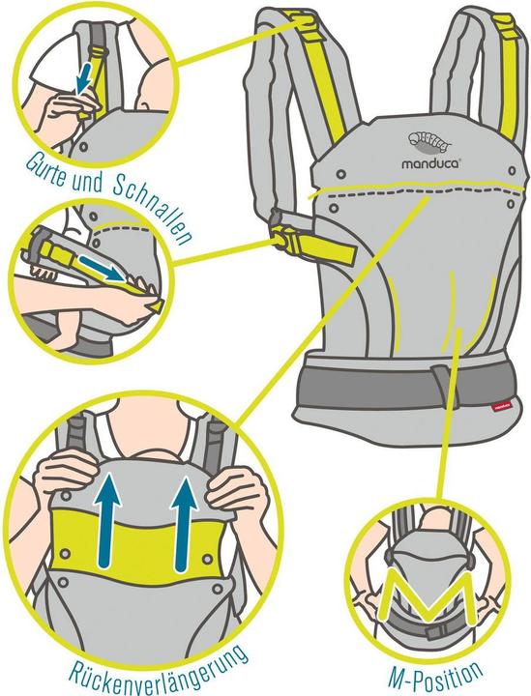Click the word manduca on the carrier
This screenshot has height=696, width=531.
pyautogui.click(x=430, y=163)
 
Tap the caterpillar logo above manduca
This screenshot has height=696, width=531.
pyautogui.click(x=428, y=141)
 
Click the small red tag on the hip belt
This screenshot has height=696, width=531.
pyautogui.click(x=500, y=405)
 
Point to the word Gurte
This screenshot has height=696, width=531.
pyautogui.click(x=45, y=167)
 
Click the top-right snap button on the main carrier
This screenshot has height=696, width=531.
pyautogui.click(x=513, y=170)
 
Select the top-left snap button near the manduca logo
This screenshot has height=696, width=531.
pyautogui.click(x=341, y=173)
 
